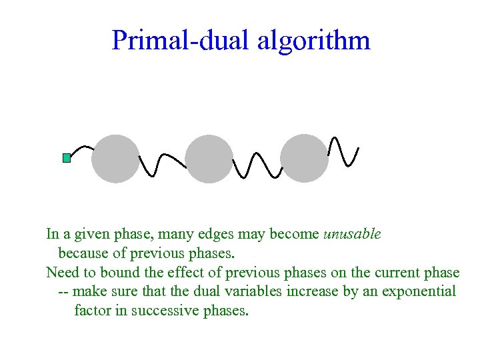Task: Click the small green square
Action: [x=67, y=158]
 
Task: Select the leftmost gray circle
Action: [x=115, y=159]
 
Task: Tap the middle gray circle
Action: [x=209, y=159]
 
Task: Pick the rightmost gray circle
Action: [x=305, y=159]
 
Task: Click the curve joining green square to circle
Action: [x=81, y=148]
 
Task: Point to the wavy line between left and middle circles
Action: [x=162, y=165]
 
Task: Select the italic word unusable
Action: [x=352, y=234]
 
